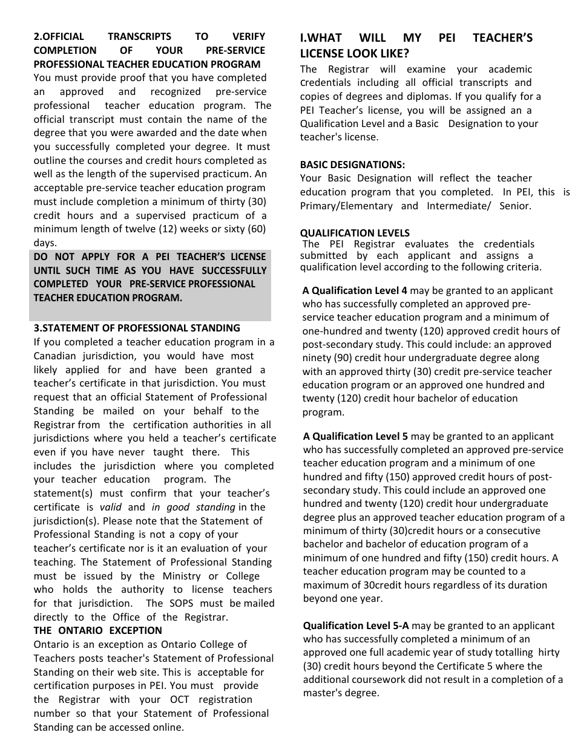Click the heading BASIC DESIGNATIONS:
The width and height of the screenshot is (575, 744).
pos(352,165)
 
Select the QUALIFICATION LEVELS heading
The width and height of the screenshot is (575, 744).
pos(355,233)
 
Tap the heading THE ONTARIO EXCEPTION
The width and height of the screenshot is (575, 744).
pos(89,631)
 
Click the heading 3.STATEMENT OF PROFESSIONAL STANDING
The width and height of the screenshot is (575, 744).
pos(137,328)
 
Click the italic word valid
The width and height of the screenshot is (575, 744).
pos(110,507)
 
